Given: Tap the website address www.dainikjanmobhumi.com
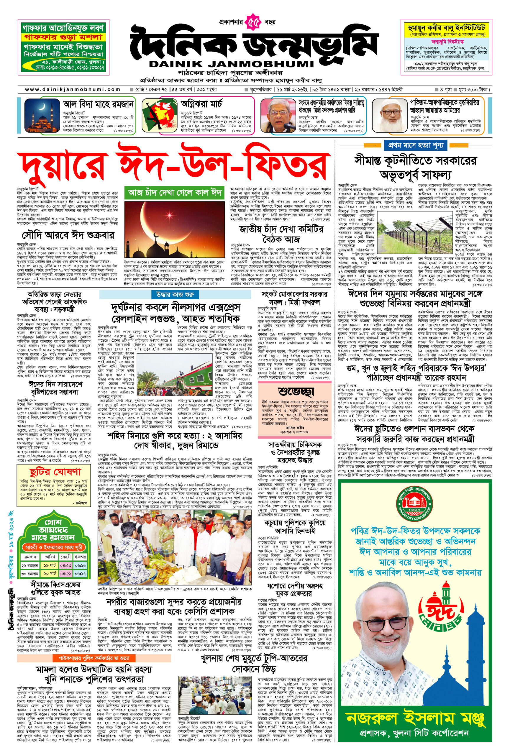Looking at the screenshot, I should coord(73,89).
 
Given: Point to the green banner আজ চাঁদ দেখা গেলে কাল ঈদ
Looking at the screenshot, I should coord(175,193).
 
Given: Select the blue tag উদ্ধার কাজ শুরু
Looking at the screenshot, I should coord(175,294).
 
